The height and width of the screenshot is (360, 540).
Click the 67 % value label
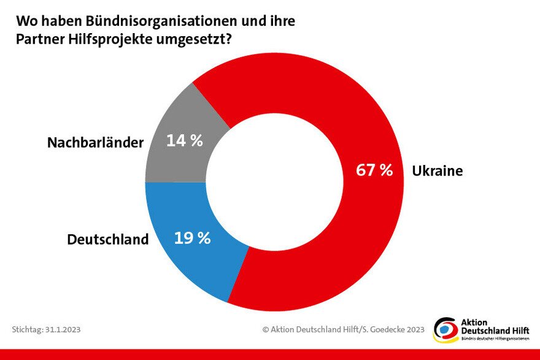pos(374,170)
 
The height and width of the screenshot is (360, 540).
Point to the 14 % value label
pos(185,140)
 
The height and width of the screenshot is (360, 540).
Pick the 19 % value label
pos(192,238)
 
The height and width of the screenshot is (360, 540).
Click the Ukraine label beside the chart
pos(437,171)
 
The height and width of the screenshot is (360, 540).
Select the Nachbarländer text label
pos(96,143)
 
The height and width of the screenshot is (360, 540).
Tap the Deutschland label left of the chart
pos(108,239)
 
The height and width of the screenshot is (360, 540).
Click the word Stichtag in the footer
pos(26,329)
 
